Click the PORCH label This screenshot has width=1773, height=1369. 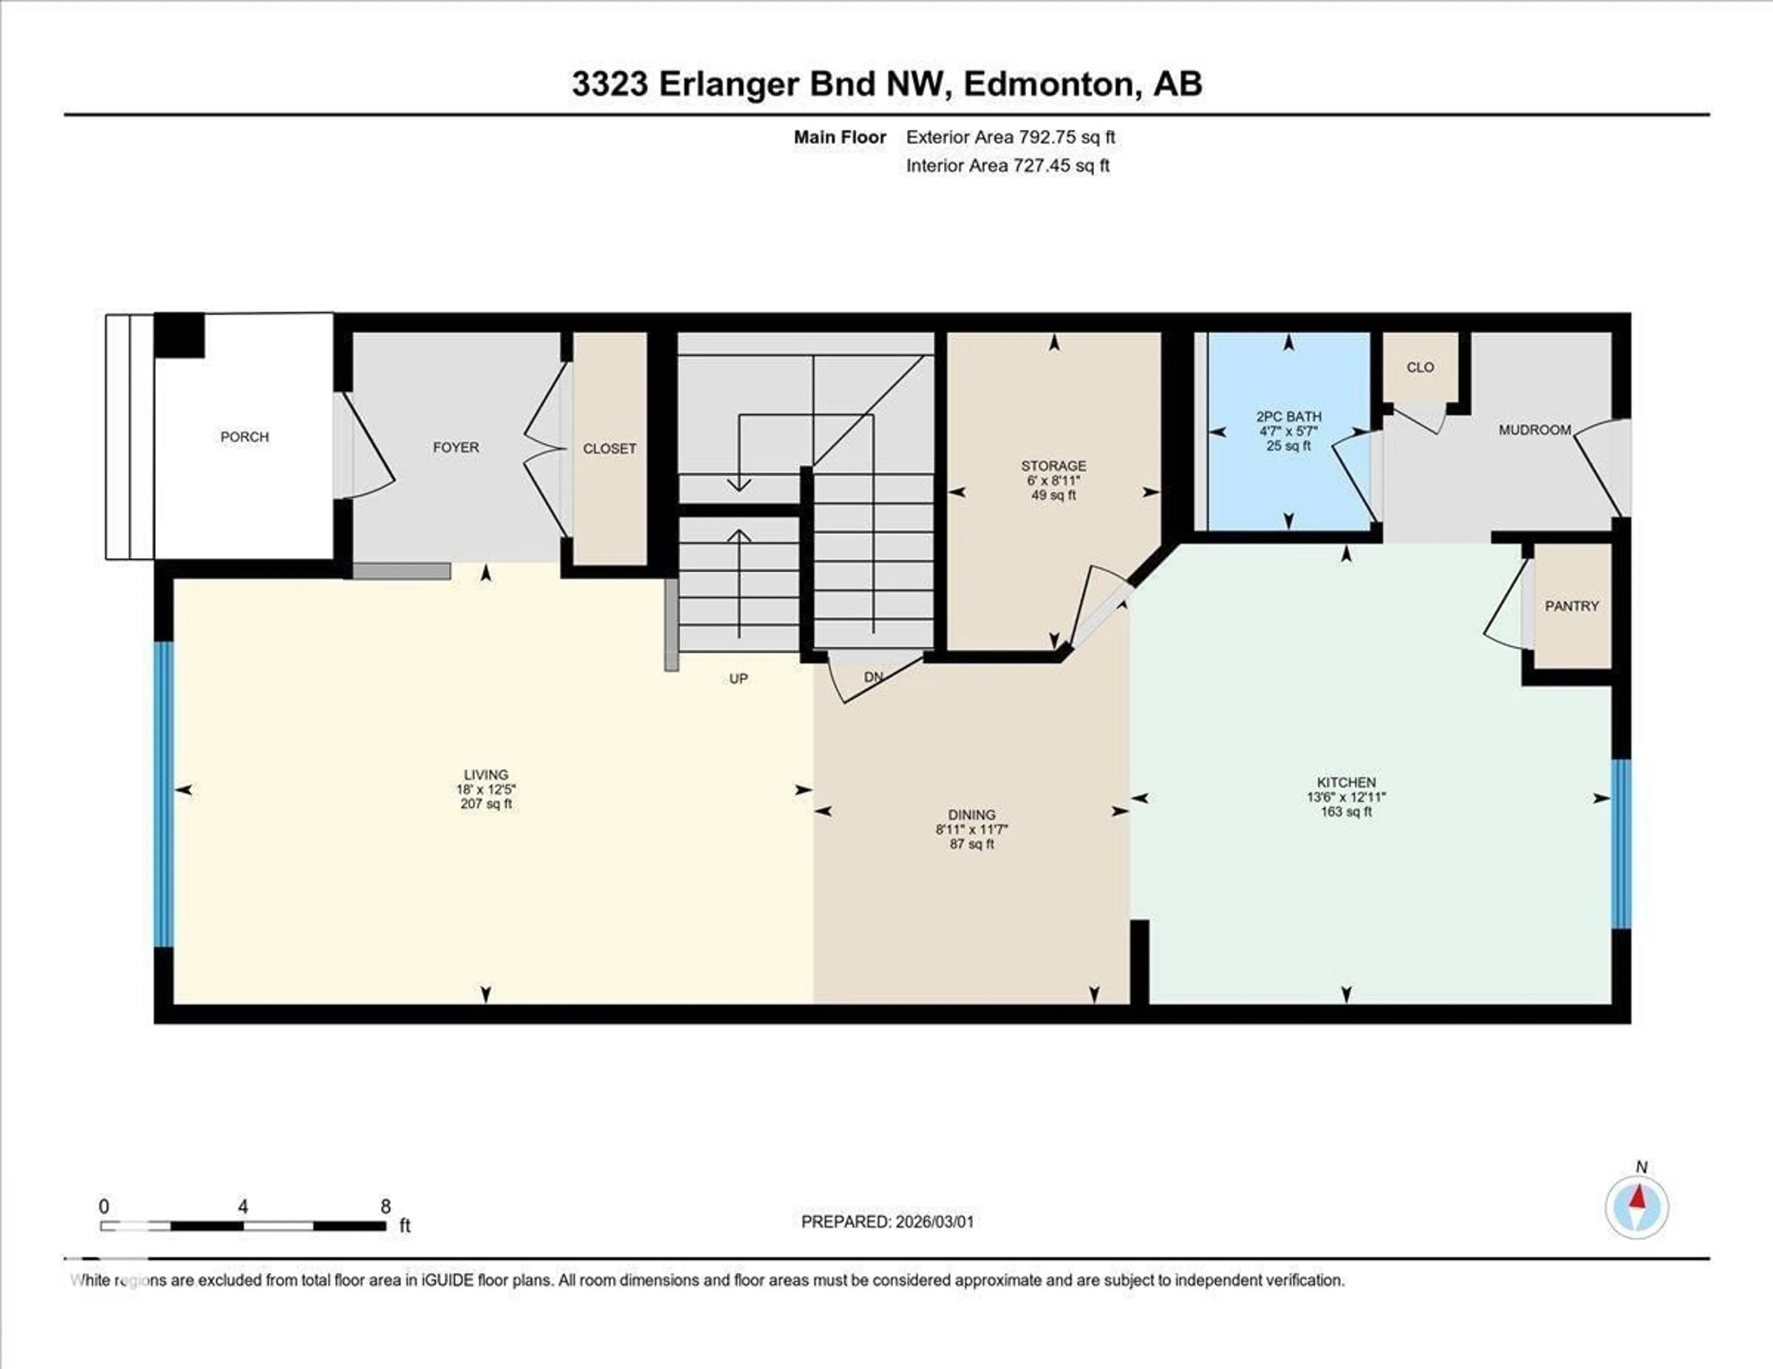click(x=244, y=437)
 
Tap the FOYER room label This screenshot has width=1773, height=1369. click(x=455, y=447)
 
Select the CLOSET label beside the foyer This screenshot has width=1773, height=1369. click(x=609, y=448)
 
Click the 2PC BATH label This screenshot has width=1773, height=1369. click(x=1288, y=416)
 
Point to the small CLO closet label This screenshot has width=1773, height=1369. click(x=1420, y=367)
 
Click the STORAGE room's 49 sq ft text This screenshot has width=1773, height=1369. click(x=1053, y=495)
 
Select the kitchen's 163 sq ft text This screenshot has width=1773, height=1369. click(x=1346, y=811)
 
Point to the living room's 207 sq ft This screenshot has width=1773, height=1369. click(x=485, y=804)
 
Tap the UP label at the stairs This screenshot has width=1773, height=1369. click(x=738, y=678)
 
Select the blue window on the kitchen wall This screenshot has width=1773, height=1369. click(x=1620, y=843)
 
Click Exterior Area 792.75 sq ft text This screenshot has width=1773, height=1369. click(x=1010, y=137)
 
